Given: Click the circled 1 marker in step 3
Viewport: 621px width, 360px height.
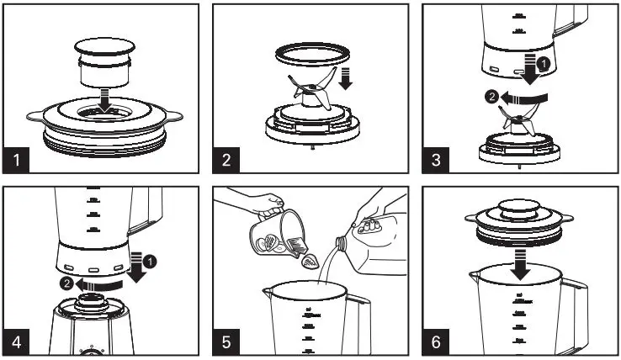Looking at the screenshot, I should click(544, 64).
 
